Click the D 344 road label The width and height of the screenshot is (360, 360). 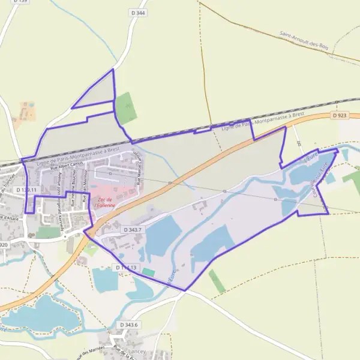click(137, 12)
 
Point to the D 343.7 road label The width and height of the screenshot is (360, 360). click(133, 230)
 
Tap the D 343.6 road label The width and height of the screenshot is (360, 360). click(129, 325)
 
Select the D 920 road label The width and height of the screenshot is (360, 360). click(3, 245)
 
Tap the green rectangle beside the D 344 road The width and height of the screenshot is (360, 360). click(125, 107)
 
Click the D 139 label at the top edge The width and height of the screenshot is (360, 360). click(21, 2)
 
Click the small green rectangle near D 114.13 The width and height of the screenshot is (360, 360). click(148, 272)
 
